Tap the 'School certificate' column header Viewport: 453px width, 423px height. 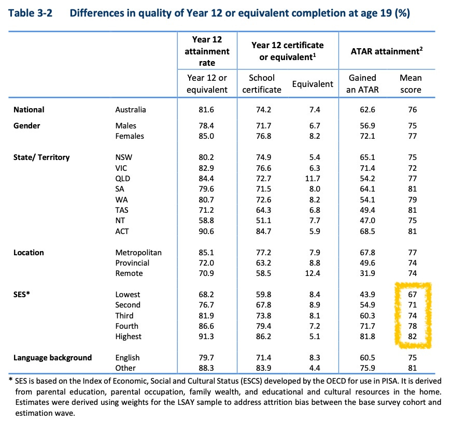click(x=262, y=83)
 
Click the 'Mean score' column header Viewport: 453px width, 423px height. click(x=410, y=83)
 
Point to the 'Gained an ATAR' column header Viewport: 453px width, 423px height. click(x=362, y=83)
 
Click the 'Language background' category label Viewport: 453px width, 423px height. click(x=53, y=358)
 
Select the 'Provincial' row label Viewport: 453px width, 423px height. click(x=132, y=263)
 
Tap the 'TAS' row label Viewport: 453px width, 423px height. click(x=123, y=210)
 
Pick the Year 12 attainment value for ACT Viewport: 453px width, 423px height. click(x=207, y=231)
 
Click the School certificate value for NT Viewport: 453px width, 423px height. click(x=262, y=221)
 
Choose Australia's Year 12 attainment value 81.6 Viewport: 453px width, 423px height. click(x=207, y=110)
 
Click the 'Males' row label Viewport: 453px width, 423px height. click(x=126, y=126)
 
